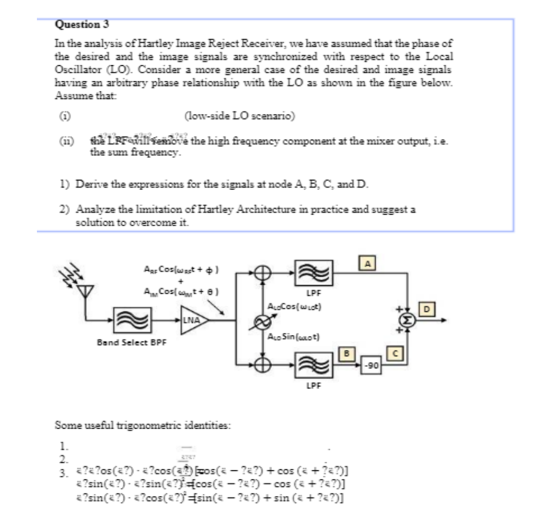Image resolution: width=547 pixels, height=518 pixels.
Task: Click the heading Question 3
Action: click(x=78, y=25)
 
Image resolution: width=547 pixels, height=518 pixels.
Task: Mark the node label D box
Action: click(x=427, y=309)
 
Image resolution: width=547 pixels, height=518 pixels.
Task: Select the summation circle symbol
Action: click(x=407, y=320)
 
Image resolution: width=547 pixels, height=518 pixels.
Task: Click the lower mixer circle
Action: click(x=262, y=365)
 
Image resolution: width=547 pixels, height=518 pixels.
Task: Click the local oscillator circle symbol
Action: click(x=262, y=320)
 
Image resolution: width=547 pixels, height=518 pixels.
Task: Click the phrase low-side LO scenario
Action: click(x=239, y=116)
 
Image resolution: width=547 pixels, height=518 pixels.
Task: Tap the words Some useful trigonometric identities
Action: click(x=143, y=426)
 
